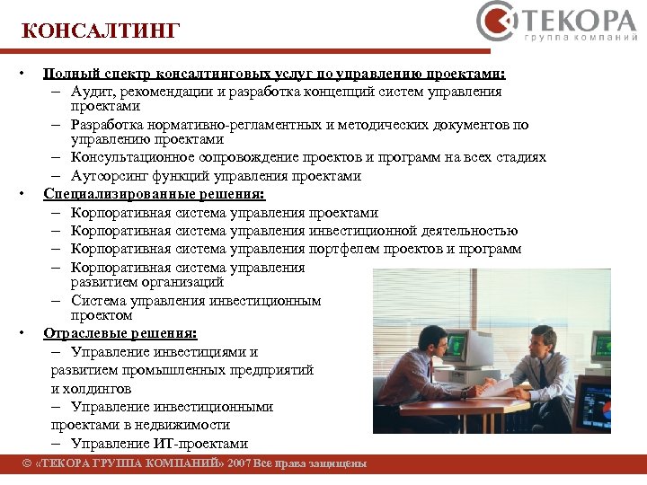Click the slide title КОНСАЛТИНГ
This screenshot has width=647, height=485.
(101, 32)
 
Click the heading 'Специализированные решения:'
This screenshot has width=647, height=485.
(154, 193)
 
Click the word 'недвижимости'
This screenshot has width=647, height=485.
(182, 425)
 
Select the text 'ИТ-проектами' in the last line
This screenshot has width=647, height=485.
(205, 444)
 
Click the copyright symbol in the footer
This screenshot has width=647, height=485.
(27, 464)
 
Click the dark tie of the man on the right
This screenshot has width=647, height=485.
(542, 374)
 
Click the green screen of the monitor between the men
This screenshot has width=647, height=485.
(456, 344)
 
